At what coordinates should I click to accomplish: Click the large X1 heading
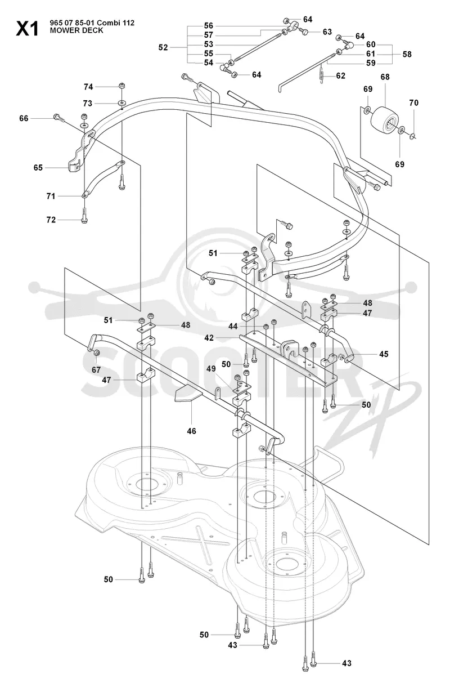click(27, 29)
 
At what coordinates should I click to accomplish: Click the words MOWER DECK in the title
click(76, 30)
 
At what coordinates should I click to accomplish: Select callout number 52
click(163, 47)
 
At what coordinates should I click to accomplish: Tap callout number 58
click(407, 54)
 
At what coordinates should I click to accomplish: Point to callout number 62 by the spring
click(341, 76)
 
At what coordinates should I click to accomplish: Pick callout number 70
click(413, 102)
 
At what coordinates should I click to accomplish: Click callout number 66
click(24, 118)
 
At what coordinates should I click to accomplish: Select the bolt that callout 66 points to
click(60, 118)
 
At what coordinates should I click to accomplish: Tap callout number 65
click(38, 168)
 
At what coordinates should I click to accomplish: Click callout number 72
click(51, 220)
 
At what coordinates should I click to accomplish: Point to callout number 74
click(88, 87)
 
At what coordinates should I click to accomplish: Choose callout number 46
click(191, 431)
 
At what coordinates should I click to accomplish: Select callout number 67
click(96, 370)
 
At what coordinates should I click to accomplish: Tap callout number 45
click(384, 354)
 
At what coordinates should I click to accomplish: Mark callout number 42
click(209, 338)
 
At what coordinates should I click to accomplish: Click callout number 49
click(211, 369)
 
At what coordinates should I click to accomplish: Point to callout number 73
click(88, 104)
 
